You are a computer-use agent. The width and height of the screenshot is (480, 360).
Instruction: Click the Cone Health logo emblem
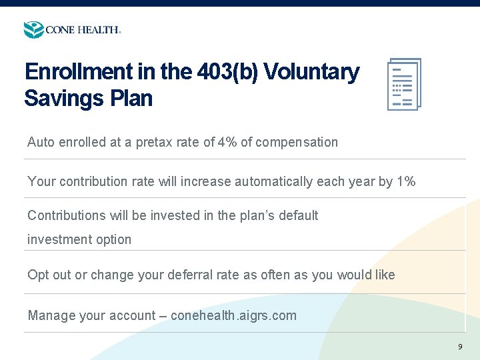(x=33, y=30)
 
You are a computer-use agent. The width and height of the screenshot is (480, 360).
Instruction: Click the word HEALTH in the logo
(x=99, y=30)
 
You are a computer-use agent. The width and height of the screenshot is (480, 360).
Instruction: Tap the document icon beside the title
(x=404, y=85)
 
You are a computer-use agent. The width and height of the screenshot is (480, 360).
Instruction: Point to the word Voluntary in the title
(x=312, y=72)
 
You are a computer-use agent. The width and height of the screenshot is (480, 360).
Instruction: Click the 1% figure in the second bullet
(x=405, y=181)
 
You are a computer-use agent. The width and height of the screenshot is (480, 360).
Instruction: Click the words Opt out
(x=49, y=275)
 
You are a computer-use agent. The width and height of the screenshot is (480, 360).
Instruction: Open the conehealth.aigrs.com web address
(x=233, y=315)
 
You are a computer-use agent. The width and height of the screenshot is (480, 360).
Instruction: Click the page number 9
(x=460, y=347)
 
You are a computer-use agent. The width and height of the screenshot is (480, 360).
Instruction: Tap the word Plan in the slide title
(x=132, y=99)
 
